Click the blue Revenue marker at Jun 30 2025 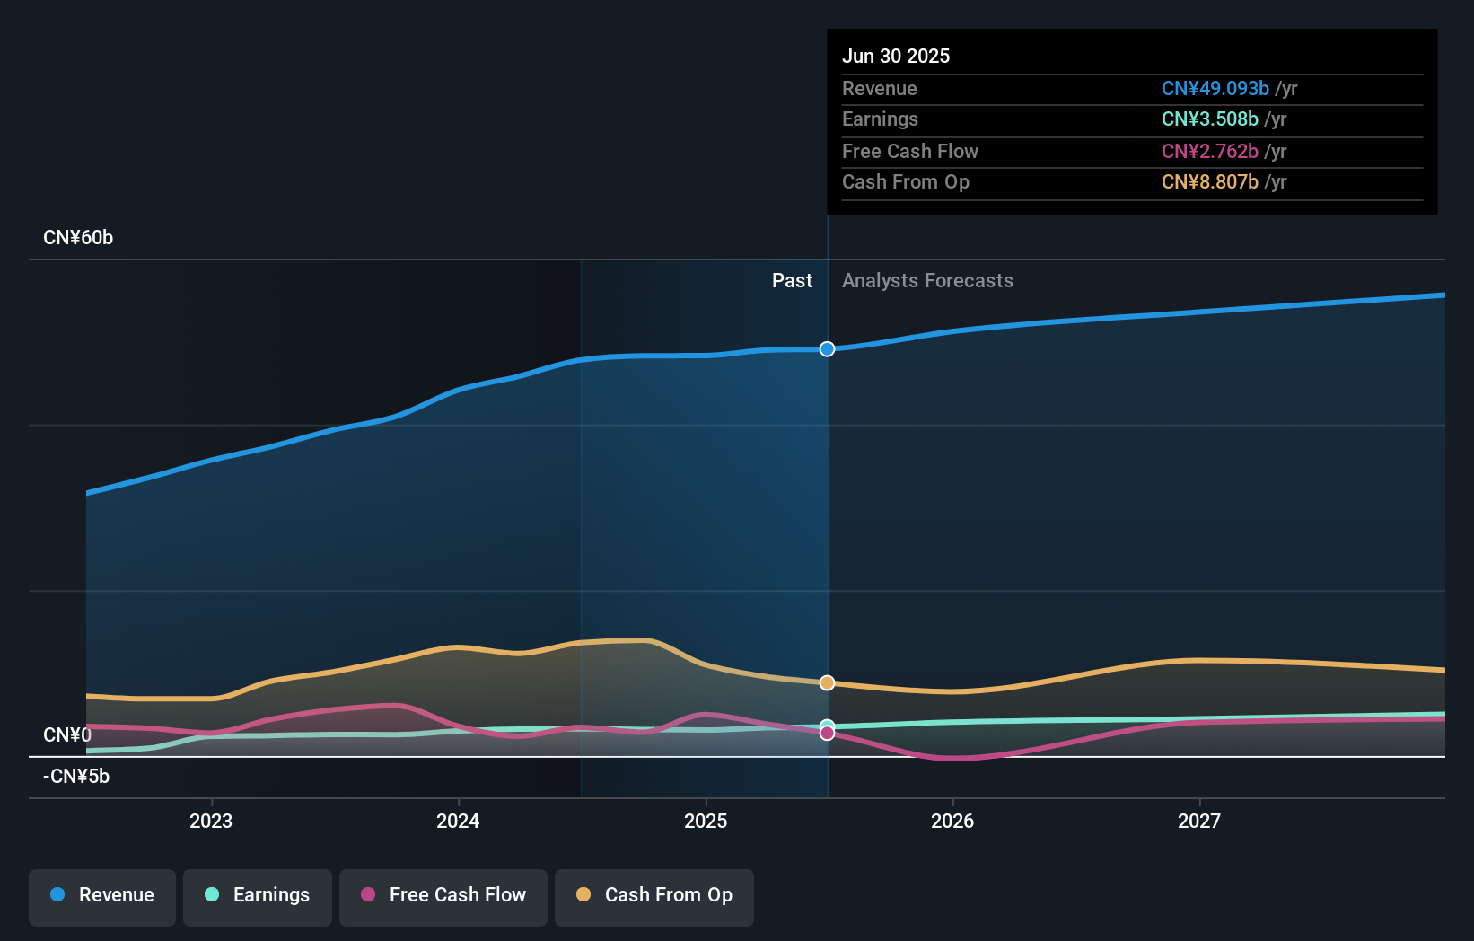[827, 349]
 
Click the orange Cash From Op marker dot [827, 683]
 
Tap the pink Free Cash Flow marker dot [827, 734]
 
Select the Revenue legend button [102, 895]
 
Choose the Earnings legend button [258, 895]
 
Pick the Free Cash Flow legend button [443, 895]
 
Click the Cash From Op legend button [654, 895]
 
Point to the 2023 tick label [211, 822]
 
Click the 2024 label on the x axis [458, 822]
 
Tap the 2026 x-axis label [952, 822]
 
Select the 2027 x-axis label [1199, 822]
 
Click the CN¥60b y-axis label [78, 238]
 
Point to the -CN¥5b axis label [76, 777]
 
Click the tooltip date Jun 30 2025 [895, 57]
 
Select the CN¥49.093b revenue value [1215, 89]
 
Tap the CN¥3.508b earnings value [1209, 119]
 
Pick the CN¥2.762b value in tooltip [1209, 152]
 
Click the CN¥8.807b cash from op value [1209, 182]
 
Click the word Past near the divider [792, 281]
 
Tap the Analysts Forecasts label [927, 281]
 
